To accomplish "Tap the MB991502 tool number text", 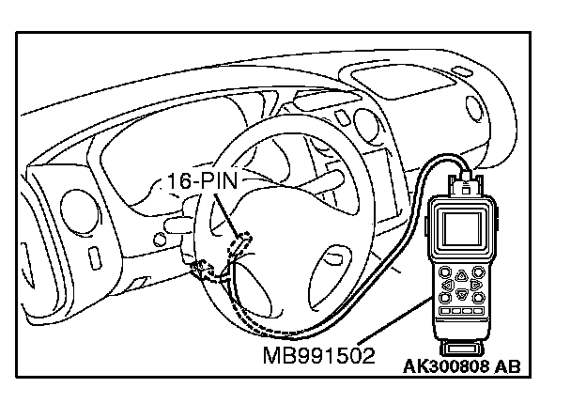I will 318,356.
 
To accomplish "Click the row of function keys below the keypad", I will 461,310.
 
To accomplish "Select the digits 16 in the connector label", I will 181,181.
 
